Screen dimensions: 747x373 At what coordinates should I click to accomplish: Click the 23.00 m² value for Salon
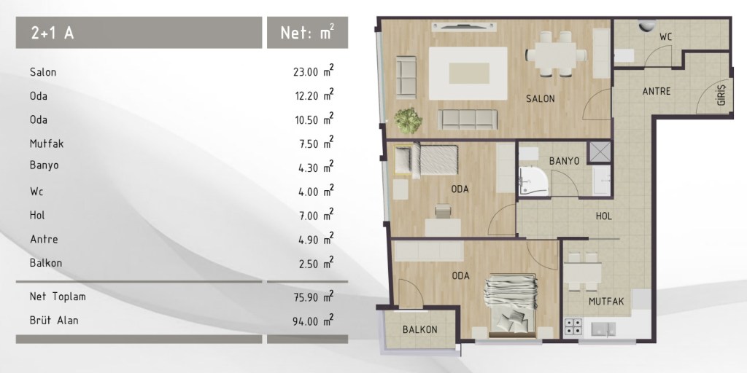tap(314, 71)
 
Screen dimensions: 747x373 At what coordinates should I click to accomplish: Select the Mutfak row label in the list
tap(46, 144)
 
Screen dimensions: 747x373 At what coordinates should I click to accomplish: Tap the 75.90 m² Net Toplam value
tap(314, 297)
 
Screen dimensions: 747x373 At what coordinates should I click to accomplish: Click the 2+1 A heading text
tap(53, 33)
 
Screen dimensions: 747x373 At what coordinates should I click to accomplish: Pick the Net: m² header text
tap(307, 32)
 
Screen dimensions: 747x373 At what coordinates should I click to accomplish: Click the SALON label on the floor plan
tap(541, 99)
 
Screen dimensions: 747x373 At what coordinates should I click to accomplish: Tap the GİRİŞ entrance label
tap(722, 95)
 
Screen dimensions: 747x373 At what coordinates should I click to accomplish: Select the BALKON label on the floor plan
tap(419, 329)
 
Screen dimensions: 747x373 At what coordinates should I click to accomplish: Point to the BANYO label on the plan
tap(564, 161)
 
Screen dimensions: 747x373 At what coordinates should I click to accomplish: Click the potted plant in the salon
tap(408, 120)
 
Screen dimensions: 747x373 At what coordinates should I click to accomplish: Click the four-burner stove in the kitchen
tap(573, 327)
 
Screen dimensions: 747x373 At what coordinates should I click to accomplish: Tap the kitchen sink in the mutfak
tap(603, 329)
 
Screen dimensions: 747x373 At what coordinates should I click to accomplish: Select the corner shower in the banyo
tap(533, 181)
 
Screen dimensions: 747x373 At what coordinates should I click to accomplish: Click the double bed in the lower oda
tap(511, 305)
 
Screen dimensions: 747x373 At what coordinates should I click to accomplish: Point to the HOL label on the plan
tap(604, 216)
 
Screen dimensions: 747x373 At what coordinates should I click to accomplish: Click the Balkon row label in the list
tap(46, 262)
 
